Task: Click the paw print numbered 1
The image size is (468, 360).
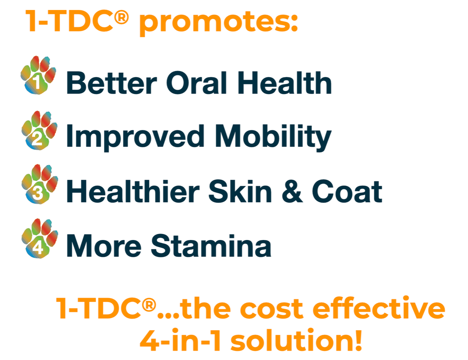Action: [38, 75]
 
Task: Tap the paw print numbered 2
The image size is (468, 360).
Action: [39, 130]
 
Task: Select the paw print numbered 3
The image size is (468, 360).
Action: [39, 184]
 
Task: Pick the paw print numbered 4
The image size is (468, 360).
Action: [39, 239]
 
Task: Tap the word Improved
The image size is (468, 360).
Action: [135, 137]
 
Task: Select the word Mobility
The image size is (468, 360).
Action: [273, 137]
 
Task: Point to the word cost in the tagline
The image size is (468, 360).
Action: [272, 308]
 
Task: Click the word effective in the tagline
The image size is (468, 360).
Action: [379, 308]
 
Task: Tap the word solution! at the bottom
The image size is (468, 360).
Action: [296, 341]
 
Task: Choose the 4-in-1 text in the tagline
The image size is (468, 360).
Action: [181, 341]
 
